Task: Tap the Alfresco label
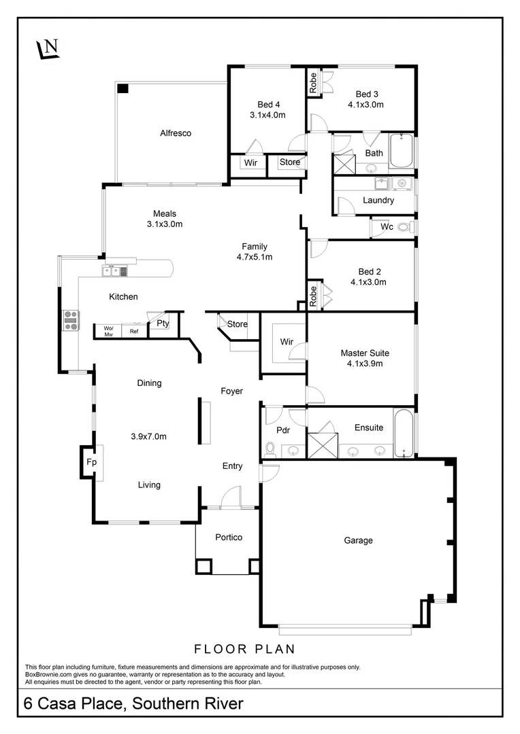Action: click(x=176, y=133)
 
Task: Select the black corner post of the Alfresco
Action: click(x=123, y=88)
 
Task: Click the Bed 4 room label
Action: click(x=268, y=104)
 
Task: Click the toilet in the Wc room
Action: click(x=405, y=227)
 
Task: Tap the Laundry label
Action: click(x=378, y=200)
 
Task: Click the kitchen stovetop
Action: click(x=71, y=319)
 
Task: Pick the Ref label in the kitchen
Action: click(x=134, y=332)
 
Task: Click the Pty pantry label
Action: click(x=163, y=324)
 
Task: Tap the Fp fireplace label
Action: click(x=91, y=463)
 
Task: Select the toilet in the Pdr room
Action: click(x=270, y=449)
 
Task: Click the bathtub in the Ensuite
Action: click(x=403, y=432)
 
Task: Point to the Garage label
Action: click(x=358, y=540)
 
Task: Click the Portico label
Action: click(x=229, y=537)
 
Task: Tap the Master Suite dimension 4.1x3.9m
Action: click(x=365, y=364)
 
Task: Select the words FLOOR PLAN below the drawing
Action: click(x=244, y=648)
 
